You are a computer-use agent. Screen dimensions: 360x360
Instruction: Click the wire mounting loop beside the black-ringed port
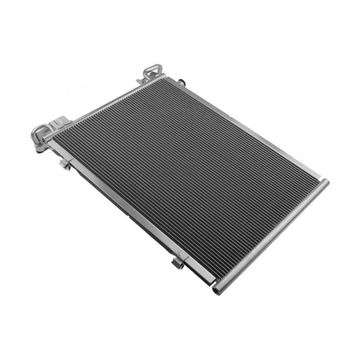[x=153, y=72]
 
